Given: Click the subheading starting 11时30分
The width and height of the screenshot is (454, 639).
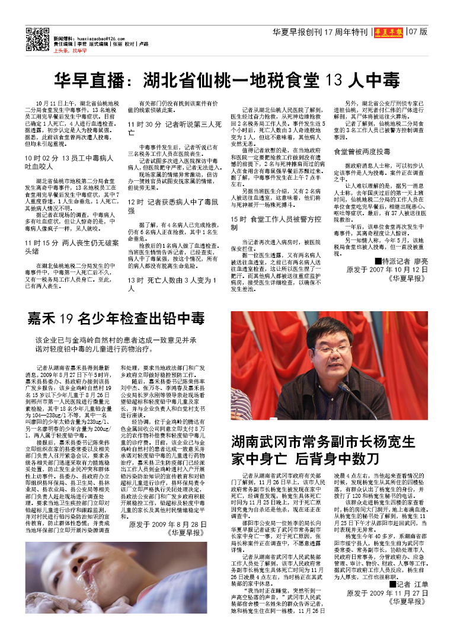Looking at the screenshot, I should click(x=175, y=129).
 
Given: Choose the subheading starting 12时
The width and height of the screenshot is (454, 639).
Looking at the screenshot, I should click(x=175, y=206).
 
